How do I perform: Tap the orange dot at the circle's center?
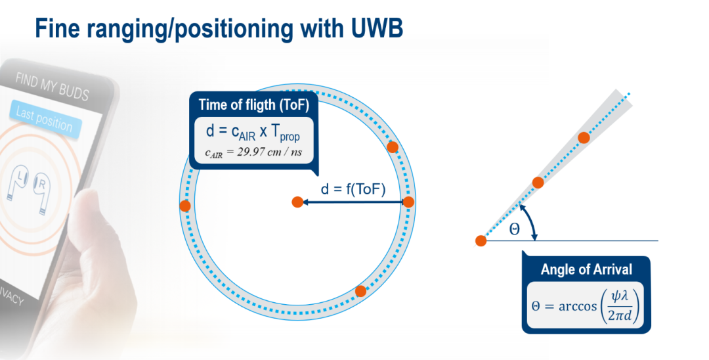coord(297,202)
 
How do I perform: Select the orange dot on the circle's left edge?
coord(185,206)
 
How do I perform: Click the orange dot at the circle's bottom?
coord(360,291)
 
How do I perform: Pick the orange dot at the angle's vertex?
coord(481,241)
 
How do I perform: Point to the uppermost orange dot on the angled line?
coord(584,137)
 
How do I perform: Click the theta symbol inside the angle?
coord(515,229)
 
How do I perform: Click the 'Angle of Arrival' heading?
coord(586,269)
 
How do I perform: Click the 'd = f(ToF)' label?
coord(353,190)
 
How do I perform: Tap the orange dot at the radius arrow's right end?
coord(408,202)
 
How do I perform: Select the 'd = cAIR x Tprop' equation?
coord(253,132)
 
